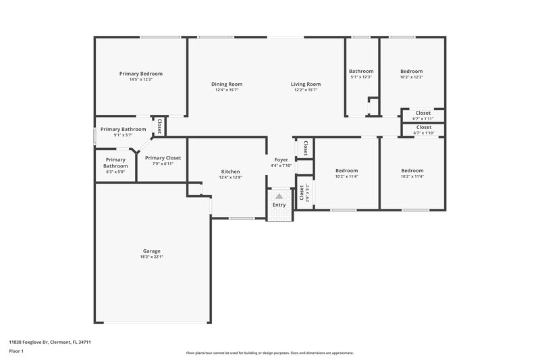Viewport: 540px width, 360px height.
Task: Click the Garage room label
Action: point(151,251)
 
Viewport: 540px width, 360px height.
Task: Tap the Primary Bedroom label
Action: point(141,74)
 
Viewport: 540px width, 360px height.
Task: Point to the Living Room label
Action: point(306,84)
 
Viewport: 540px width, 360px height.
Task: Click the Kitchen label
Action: point(230,172)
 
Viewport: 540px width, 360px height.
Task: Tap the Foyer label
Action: point(281,159)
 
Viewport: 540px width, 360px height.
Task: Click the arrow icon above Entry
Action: point(279,196)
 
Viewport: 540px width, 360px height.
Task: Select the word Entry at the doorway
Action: point(279,205)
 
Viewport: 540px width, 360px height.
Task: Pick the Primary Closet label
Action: point(163,158)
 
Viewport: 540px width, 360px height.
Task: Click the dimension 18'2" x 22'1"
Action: point(151,257)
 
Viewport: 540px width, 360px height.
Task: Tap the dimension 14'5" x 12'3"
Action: point(141,80)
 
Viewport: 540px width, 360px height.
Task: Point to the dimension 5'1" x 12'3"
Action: point(360,77)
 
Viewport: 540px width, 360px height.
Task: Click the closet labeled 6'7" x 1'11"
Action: point(423,115)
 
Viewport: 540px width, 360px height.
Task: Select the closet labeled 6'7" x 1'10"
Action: point(423,130)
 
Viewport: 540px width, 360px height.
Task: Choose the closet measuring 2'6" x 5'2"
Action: point(304,193)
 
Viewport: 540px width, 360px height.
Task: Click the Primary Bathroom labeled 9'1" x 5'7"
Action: point(123,132)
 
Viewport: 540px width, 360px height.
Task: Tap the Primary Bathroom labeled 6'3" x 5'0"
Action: point(115,165)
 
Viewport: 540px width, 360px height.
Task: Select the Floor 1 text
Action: point(17,352)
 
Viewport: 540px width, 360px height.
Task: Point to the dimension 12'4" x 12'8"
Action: point(230,178)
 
